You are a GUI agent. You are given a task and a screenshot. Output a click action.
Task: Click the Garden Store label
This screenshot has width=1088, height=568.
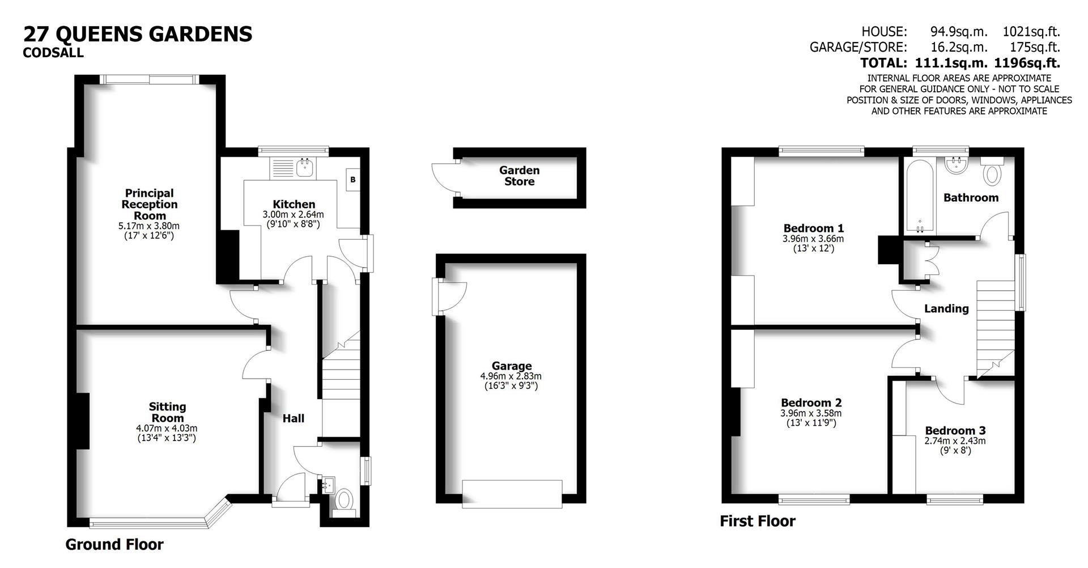519,176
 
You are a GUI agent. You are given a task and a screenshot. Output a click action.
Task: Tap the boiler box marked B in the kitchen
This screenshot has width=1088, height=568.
353,180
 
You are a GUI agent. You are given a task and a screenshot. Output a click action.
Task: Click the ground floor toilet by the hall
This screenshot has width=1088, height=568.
344,501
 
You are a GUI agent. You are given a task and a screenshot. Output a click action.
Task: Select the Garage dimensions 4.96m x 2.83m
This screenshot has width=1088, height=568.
511,376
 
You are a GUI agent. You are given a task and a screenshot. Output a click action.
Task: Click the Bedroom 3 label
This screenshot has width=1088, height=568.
955,430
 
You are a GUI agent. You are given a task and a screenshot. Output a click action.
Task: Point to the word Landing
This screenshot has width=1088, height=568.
946,308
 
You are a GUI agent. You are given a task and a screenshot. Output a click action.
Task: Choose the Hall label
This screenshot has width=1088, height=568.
293,418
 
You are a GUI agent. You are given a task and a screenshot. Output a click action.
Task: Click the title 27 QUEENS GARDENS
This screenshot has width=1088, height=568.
138,34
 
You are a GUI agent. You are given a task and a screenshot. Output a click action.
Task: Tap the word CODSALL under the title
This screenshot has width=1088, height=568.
53,53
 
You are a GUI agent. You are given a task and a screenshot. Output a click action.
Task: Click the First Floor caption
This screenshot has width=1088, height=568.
757,521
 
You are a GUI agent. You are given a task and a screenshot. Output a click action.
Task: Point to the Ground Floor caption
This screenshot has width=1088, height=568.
114,544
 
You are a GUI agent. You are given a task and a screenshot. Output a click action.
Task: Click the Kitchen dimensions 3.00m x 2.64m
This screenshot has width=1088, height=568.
293,215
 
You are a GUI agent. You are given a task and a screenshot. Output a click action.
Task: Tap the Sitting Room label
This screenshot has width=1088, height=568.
167,412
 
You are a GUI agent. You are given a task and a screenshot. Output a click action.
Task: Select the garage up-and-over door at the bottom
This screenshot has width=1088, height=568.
512,493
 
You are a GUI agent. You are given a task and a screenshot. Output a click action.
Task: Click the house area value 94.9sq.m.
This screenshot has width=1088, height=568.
958,32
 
